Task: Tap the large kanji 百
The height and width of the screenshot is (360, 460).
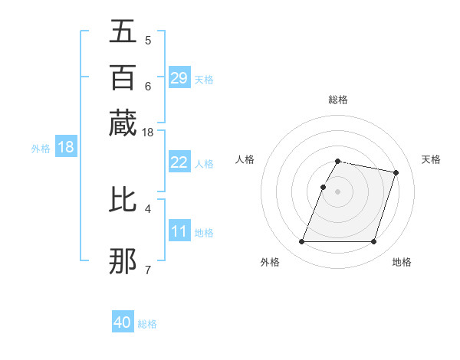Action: pyautogui.click(x=123, y=77)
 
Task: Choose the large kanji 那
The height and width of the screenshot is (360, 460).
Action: pyautogui.click(x=123, y=261)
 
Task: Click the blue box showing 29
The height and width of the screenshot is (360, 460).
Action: pyautogui.click(x=179, y=77)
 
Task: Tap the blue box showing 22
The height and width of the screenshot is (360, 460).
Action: pyautogui.click(x=179, y=162)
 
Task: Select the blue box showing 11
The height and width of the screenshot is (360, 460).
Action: pyautogui.click(x=179, y=231)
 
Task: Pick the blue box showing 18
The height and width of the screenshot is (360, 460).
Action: pyautogui.click(x=66, y=147)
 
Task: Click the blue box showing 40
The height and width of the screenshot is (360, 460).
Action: pyautogui.click(x=123, y=322)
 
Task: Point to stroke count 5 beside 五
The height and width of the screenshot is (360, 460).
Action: pyautogui.click(x=148, y=41)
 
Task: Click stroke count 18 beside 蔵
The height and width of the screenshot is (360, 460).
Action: pyautogui.click(x=148, y=133)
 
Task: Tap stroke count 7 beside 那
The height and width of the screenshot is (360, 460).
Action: pyautogui.click(x=148, y=269)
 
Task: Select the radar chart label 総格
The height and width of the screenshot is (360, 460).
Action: pyautogui.click(x=338, y=100)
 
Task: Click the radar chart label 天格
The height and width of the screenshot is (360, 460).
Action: pyautogui.click(x=431, y=159)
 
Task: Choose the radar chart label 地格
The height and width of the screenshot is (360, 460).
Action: pyautogui.click(x=402, y=262)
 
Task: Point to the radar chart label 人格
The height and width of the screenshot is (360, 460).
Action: pyautogui.click(x=245, y=159)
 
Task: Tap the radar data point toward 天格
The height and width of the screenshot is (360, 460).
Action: pyautogui.click(x=396, y=173)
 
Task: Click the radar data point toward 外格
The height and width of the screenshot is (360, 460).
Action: pyautogui.click(x=301, y=242)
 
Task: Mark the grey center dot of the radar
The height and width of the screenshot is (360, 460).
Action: pyautogui.click(x=338, y=191)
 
